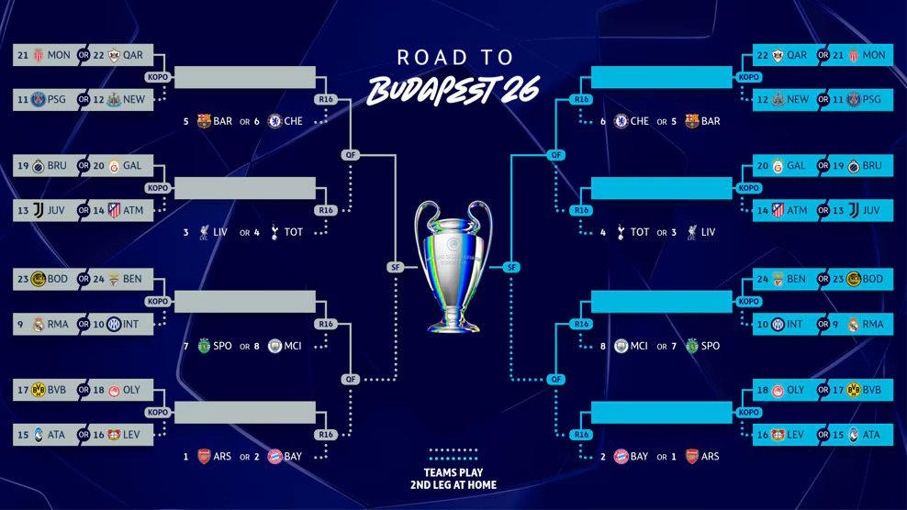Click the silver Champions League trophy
[x=453, y=266]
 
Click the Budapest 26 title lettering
[x=453, y=90]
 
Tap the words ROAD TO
[x=455, y=57]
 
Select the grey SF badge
[x=395, y=267]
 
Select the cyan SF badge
[x=511, y=267]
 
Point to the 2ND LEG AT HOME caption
[x=453, y=485]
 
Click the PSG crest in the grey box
[x=39, y=99]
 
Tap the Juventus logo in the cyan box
[x=853, y=210]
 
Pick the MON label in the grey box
[x=59, y=55]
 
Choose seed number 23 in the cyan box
[x=838, y=279]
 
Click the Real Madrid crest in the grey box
[x=39, y=325]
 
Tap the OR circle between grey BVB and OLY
[x=84, y=390]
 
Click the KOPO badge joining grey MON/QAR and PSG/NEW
[x=157, y=77]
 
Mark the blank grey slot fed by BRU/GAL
[x=245, y=188]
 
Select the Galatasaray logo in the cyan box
[x=778, y=166]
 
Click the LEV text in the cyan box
[x=795, y=435]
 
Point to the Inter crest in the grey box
[x=114, y=325]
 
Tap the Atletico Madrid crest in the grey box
[x=114, y=210]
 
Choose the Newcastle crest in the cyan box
[x=778, y=99]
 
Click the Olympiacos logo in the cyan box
[x=778, y=391]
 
